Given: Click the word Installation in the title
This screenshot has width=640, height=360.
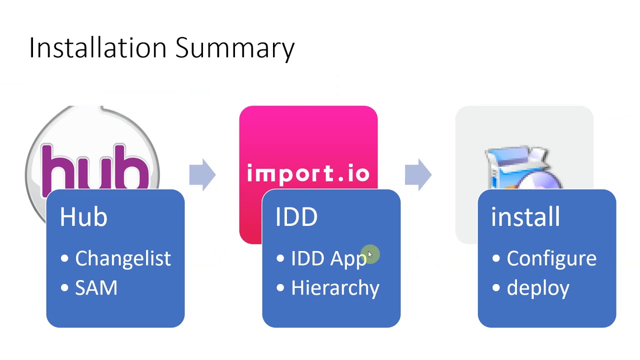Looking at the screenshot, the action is click(97, 47).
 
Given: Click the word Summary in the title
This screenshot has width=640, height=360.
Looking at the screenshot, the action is click(235, 49).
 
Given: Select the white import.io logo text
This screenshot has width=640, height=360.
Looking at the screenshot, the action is click(308, 173).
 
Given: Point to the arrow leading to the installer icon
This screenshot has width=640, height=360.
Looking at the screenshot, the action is click(418, 174).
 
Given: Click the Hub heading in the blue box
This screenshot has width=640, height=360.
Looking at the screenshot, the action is click(83, 217).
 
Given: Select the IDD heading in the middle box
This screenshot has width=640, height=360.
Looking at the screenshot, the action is click(296, 217).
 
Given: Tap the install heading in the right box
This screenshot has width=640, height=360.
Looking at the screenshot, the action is click(525, 217).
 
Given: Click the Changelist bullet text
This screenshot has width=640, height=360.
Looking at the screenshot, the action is click(123, 259).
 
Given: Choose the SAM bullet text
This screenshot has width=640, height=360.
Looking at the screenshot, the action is click(96, 287).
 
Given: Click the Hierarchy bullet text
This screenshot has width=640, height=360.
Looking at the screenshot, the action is click(335, 288).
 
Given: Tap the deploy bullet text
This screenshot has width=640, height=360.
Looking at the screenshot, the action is click(538, 288).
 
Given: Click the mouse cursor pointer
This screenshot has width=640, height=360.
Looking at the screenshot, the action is click(370, 254).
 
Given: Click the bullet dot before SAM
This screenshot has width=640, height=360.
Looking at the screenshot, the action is click(64, 287).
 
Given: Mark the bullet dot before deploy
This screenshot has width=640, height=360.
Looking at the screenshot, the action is click(496, 287).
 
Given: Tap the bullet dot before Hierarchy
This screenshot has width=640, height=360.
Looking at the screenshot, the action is click(280, 287).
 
